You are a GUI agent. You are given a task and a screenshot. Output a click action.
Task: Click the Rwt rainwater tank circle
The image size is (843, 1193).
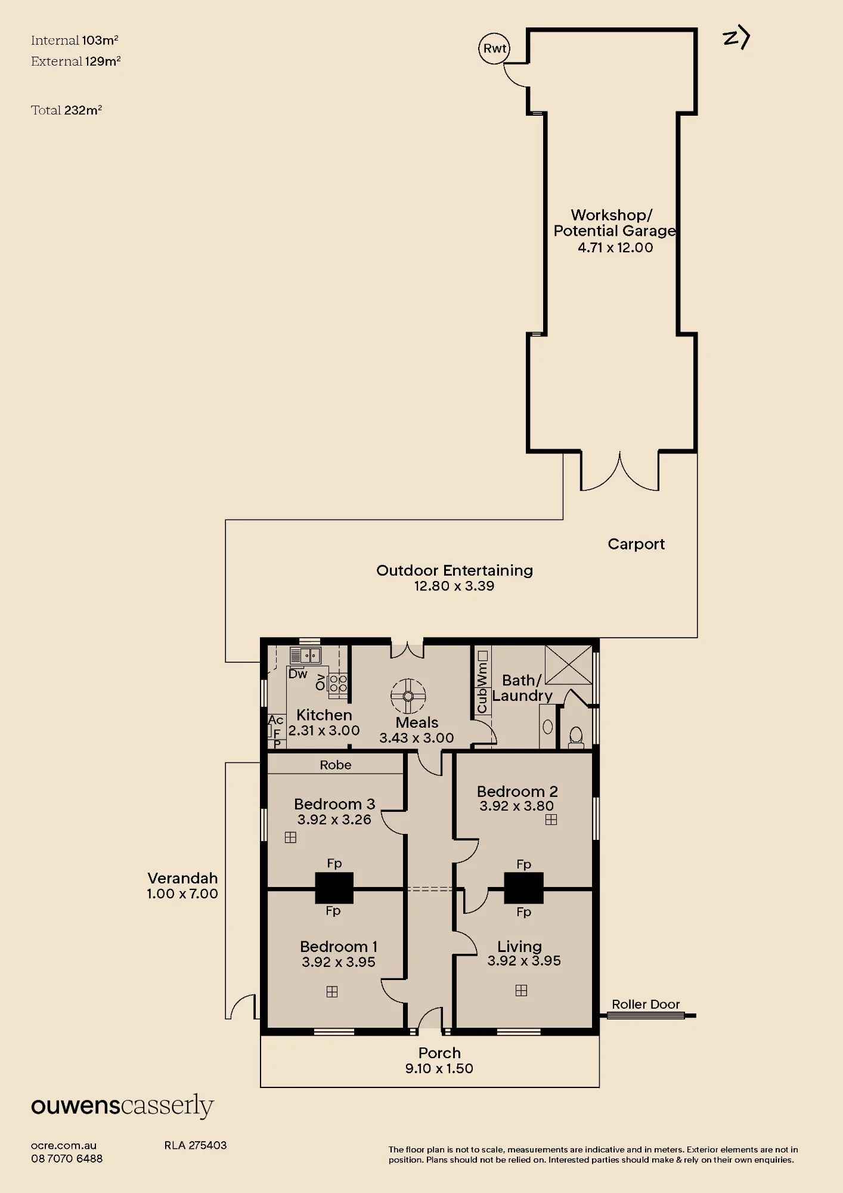[x=494, y=49]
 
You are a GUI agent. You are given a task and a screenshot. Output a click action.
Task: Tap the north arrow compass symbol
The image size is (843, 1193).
[x=736, y=38]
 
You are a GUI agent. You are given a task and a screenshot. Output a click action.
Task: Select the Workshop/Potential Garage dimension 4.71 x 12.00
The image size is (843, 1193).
[x=615, y=248]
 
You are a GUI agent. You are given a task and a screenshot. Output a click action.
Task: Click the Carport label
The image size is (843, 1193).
[x=636, y=544]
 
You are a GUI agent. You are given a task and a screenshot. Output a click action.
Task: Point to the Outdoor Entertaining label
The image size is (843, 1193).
[x=454, y=570]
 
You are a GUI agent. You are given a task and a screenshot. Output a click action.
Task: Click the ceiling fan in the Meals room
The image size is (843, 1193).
[x=408, y=696]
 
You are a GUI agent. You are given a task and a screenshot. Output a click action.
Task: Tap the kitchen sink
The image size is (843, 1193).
[x=305, y=656]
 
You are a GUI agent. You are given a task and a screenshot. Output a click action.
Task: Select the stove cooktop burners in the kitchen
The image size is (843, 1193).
[x=338, y=684]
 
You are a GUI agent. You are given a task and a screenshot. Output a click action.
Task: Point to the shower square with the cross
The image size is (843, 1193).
[x=569, y=665]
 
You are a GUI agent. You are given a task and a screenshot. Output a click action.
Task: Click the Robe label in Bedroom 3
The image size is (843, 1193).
[x=336, y=765]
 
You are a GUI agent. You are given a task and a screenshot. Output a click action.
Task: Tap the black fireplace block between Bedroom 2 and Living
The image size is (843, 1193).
[x=523, y=888]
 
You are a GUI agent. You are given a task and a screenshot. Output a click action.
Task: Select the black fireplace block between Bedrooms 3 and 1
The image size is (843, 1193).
[x=334, y=888]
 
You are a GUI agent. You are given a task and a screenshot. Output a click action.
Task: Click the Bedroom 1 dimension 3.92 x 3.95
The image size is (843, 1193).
[x=339, y=962]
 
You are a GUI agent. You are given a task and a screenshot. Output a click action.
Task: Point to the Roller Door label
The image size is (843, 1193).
[x=646, y=1005]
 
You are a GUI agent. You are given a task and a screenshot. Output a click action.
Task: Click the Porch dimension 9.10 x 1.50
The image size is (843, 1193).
[x=439, y=1068]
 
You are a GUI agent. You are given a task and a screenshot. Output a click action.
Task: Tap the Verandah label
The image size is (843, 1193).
[x=182, y=878]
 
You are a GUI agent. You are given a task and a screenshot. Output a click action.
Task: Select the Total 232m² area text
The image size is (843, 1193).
[x=67, y=110]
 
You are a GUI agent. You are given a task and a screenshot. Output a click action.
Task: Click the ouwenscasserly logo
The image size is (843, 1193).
[x=122, y=1107]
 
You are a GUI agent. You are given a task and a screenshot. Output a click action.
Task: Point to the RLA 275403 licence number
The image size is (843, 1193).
[x=196, y=1145]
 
